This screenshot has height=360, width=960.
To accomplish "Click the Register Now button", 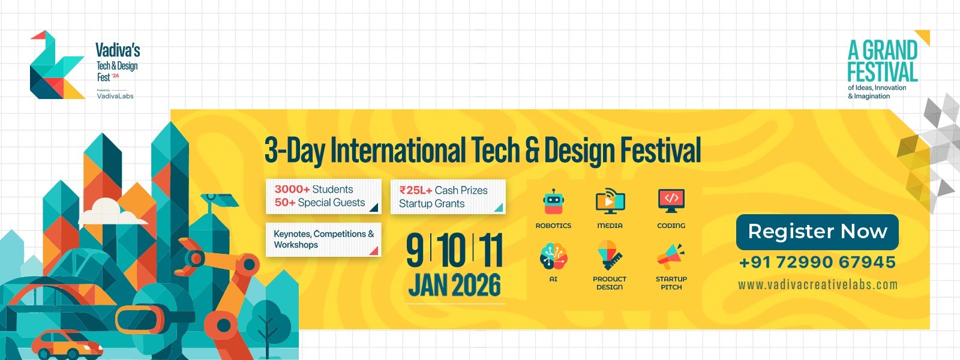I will tap(817, 232).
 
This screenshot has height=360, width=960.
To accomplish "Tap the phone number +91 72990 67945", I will tap(817, 262).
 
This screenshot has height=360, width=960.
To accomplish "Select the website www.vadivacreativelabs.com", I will tap(818, 284).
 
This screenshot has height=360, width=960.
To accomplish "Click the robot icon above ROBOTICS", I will tap(553, 202).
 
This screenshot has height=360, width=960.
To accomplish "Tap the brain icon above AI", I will tap(553, 257).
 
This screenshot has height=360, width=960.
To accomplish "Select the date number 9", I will tap(415, 251).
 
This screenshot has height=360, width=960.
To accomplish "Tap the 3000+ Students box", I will tap(323, 196).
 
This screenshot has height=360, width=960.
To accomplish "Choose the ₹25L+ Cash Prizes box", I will tap(448, 197).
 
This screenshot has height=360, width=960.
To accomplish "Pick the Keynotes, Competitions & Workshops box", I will tap(323, 239).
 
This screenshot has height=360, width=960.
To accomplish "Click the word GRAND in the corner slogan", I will tap(890, 50).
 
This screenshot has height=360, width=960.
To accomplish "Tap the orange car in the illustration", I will tap(66, 344).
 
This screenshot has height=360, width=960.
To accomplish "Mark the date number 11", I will tap(491, 251).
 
